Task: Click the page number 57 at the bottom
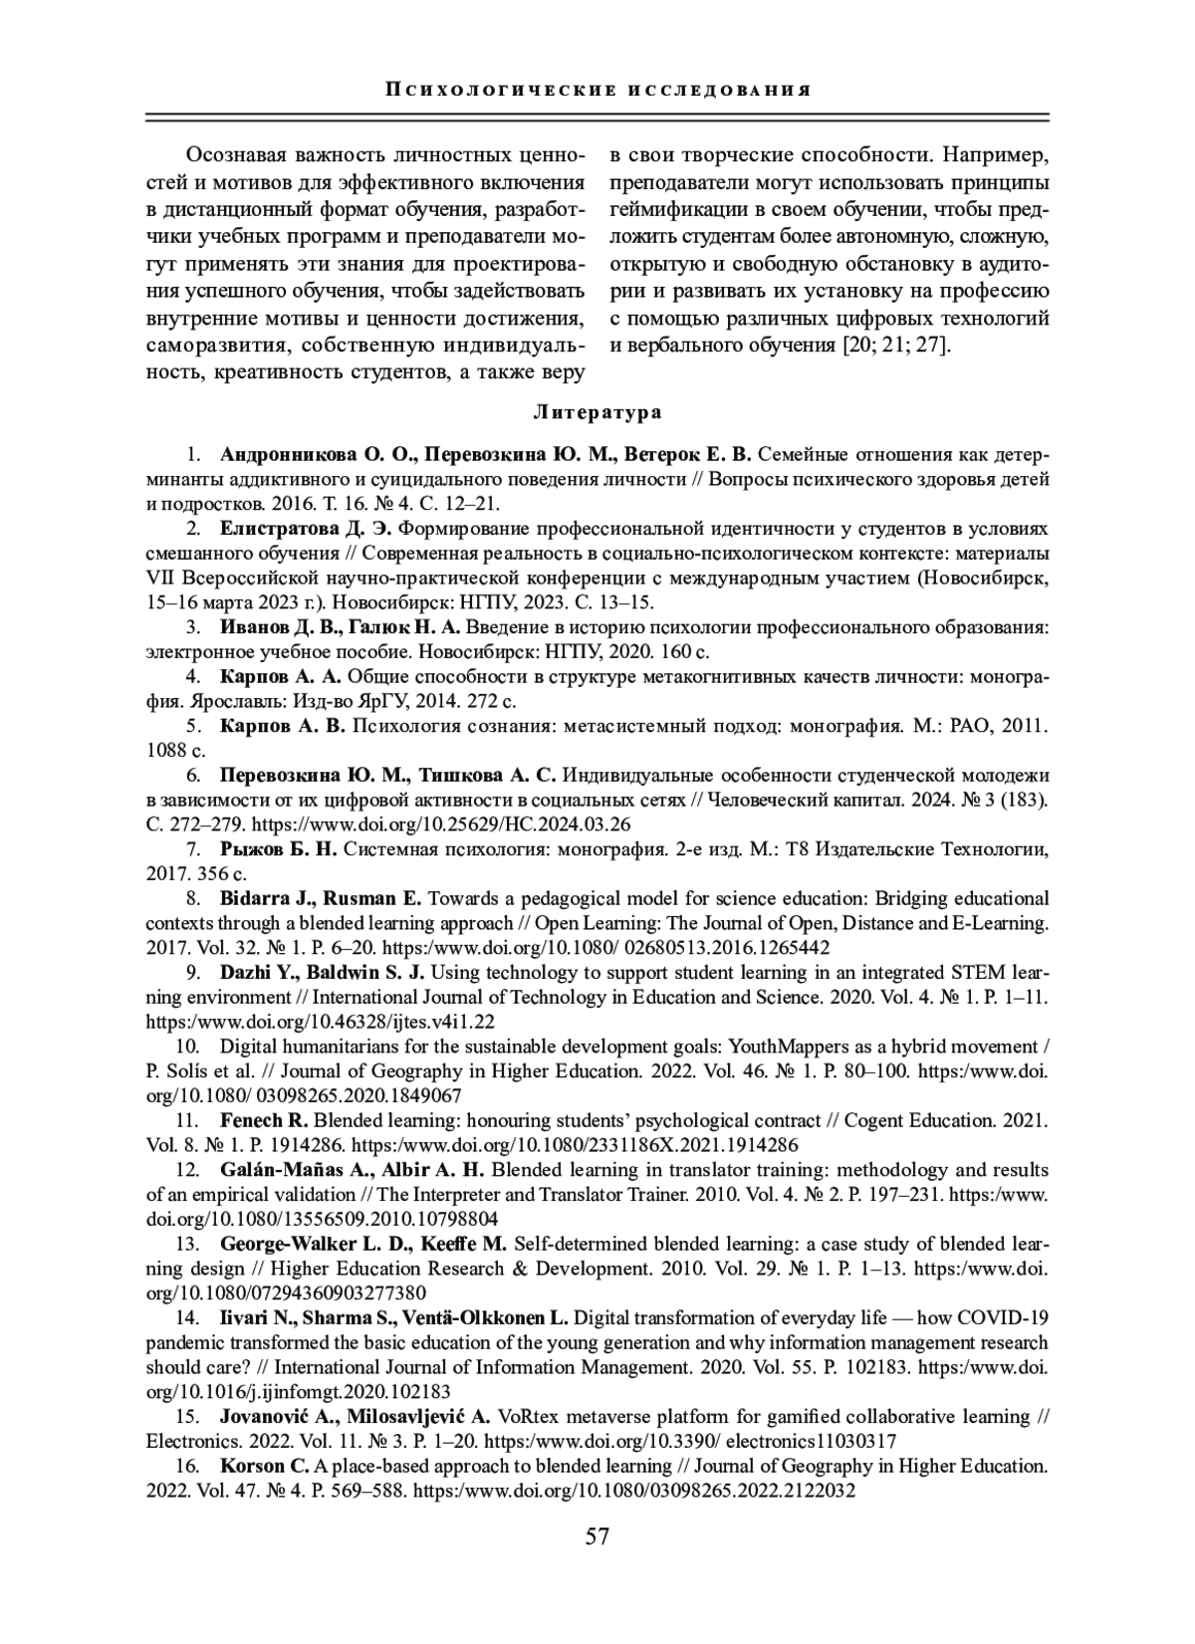tap(597, 1535)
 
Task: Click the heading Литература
tap(597, 411)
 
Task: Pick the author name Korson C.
tap(265, 1466)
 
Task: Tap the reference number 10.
tap(186, 1047)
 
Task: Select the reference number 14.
tap(186, 1318)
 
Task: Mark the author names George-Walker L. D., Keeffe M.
tap(363, 1244)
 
